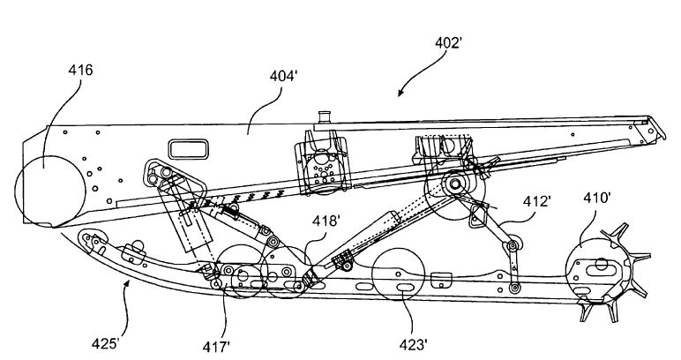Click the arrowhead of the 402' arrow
click(400, 94)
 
